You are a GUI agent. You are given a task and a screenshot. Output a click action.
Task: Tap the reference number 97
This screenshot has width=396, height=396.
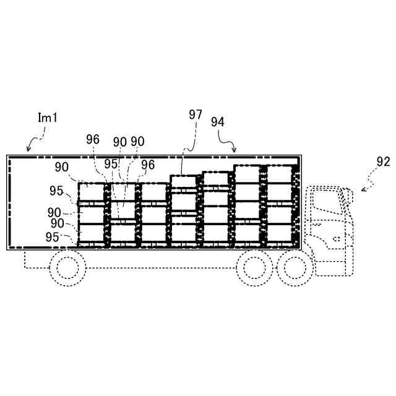tap(196, 115)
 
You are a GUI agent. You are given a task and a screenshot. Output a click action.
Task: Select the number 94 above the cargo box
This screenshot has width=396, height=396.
tap(218, 121)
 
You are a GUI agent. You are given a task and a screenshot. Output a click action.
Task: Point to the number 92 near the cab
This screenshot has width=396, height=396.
tap(383, 162)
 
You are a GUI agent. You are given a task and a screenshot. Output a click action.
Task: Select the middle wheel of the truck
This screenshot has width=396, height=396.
tap(254, 267)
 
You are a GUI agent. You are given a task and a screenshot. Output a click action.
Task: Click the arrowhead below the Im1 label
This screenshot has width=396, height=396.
tap(28, 149)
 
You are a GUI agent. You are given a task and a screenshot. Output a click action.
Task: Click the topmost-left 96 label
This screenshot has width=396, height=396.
tap(93, 140)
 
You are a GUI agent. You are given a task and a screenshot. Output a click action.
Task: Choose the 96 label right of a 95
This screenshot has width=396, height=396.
tap(147, 165)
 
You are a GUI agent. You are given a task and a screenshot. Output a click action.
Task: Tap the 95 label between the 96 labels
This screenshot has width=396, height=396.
tap(111, 165)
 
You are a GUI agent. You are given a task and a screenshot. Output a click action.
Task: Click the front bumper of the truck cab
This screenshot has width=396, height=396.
tap(350, 254)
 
